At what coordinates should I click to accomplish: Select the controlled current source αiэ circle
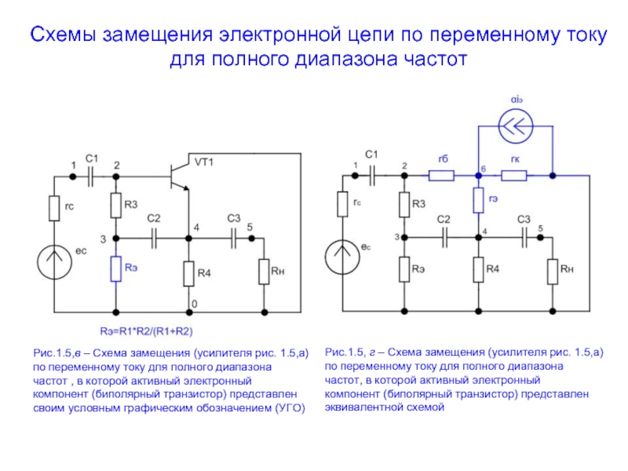[x=516, y=126]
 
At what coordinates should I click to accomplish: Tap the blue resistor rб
[x=441, y=175]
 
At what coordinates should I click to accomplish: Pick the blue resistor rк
[x=514, y=175]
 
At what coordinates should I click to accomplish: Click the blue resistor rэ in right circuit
[x=478, y=200]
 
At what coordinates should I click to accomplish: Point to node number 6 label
[x=484, y=169]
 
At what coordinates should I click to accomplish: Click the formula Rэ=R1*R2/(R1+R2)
[x=146, y=331]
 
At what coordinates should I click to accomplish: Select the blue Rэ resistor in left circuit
[x=115, y=268]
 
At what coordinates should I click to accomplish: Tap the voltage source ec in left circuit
[x=54, y=262]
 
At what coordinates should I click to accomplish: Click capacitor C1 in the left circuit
[x=90, y=176]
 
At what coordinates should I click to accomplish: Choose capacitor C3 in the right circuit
[x=524, y=238]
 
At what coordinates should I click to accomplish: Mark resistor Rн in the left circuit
[x=264, y=272]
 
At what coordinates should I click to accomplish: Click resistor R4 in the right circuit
[x=478, y=269]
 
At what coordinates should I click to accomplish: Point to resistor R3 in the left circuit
[x=115, y=206]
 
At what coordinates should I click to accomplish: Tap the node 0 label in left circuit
[x=194, y=304]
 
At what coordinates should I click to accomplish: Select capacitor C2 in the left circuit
[x=154, y=239]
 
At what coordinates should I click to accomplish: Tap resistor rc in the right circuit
[x=342, y=204]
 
